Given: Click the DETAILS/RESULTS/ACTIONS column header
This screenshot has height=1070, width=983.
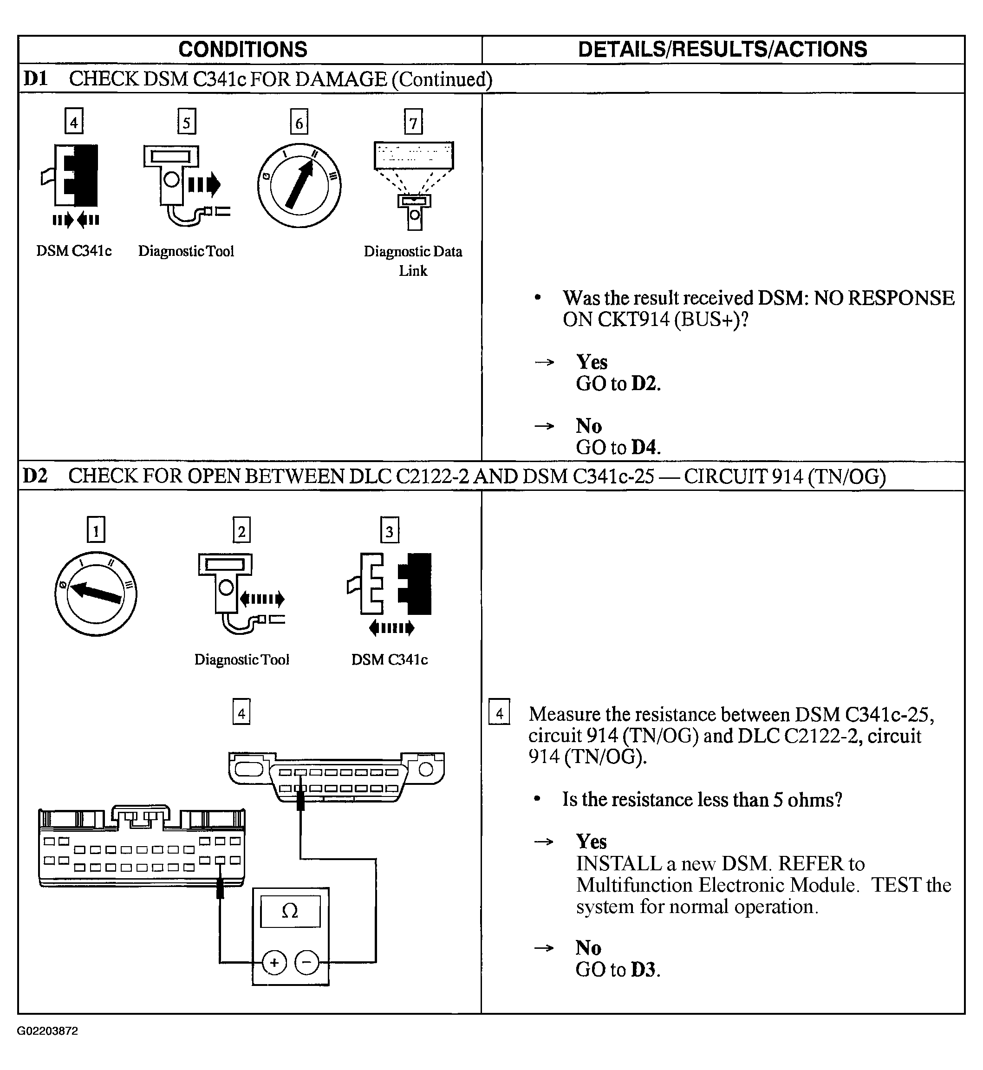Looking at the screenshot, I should [x=723, y=50].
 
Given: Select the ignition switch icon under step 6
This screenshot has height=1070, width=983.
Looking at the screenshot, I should [x=299, y=186].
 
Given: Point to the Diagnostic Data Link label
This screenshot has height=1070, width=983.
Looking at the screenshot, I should [x=413, y=261].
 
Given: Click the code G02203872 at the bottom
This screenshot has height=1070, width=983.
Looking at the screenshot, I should [x=47, y=1031].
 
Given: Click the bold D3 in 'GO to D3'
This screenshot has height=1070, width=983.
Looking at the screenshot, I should [x=644, y=969].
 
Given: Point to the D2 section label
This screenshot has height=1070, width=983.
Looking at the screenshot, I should [x=35, y=476].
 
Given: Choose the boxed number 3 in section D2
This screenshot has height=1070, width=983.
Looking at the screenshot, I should [x=390, y=530].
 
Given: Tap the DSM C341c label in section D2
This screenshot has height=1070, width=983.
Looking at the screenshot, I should [x=390, y=660].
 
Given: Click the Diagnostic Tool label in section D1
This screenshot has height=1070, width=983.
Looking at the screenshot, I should [x=186, y=251].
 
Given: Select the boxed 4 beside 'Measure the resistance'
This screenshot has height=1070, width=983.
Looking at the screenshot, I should [x=499, y=713].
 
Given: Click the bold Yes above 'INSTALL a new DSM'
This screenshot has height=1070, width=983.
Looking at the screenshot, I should [x=591, y=842].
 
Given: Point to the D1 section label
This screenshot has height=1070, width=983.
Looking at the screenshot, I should [x=35, y=79].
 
